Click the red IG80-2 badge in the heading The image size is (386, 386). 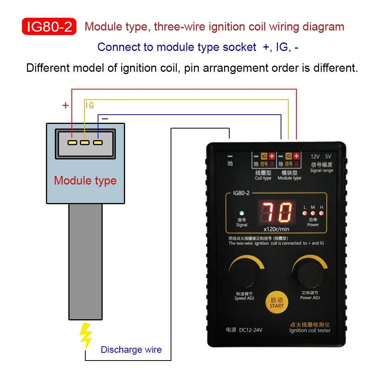[x=49, y=27]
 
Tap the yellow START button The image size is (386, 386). [x=276, y=303]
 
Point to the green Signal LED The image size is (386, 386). [x=242, y=213]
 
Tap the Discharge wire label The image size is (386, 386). [x=131, y=350]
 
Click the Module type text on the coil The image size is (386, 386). [x=85, y=180]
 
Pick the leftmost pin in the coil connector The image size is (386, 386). [x=73, y=142]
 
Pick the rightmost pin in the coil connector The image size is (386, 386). [x=98, y=142]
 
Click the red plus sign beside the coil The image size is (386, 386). [x=66, y=105]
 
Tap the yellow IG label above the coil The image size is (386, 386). [x=90, y=105]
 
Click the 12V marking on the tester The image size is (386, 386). [x=315, y=157]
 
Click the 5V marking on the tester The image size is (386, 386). [x=328, y=157]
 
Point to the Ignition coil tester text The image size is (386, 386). [x=310, y=330]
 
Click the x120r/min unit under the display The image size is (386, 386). [x=276, y=229]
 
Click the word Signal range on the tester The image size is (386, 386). [x=321, y=171]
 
